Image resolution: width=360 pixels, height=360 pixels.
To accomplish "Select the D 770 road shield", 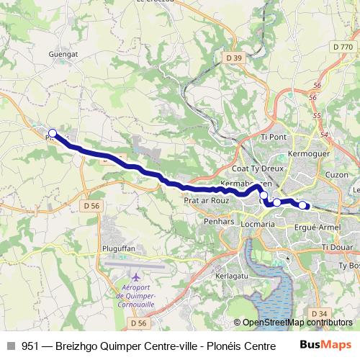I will pos(342,46).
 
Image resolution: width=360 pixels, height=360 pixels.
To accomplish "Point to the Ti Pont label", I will pos(274,137).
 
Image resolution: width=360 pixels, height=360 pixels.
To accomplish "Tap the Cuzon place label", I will pos(336,175).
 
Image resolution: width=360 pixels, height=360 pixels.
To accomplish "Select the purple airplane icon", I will pos(137,276).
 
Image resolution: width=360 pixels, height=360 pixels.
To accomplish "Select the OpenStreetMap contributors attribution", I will pos(293,323).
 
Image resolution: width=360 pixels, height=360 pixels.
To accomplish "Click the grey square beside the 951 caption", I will pos(10,345).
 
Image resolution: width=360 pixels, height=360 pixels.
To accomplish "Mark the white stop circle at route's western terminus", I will pos(53,133).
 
